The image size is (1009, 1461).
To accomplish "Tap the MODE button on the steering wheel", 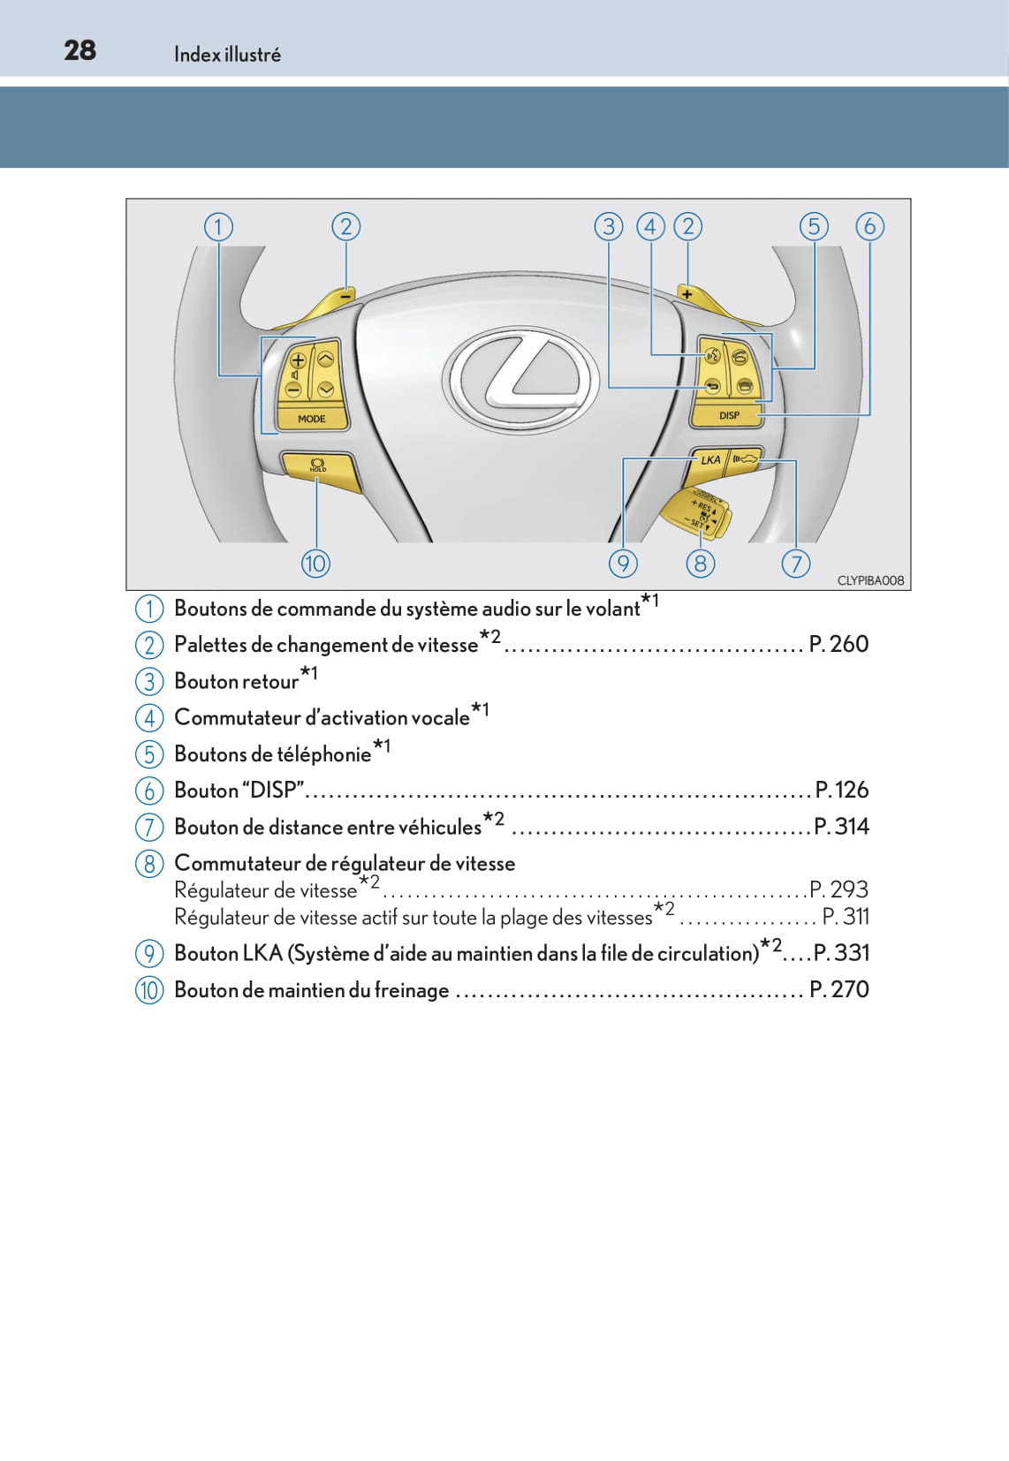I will coord(311,418).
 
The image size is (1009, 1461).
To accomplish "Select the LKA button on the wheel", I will coord(710,459).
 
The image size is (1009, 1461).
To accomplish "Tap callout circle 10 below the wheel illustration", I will coord(315,563).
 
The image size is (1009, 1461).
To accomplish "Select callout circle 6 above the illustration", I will coord(869,226).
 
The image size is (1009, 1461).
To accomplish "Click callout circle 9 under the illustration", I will coord(623,563).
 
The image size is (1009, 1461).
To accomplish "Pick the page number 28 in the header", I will coord(80,50).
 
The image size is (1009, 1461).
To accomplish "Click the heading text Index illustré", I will coord(227,55).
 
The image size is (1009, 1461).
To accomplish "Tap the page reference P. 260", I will coord(838,644).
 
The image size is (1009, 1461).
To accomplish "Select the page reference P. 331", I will coord(841,953).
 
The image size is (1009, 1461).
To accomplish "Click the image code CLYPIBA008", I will coord(870,580).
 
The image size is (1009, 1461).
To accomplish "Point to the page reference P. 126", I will coord(841,790).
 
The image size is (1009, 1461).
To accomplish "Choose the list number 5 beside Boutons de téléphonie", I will coord(149,754).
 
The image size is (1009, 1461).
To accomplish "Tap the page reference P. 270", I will coord(838,989).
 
